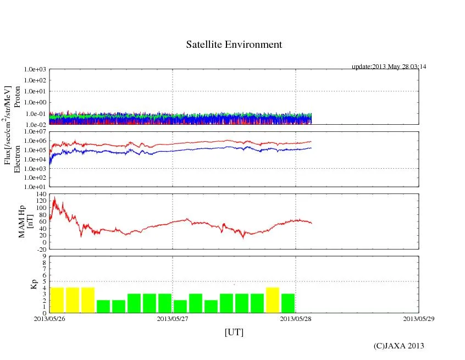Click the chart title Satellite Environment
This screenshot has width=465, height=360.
[234, 45]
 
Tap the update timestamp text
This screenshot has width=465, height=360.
[389, 67]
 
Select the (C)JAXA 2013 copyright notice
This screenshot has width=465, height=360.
[398, 345]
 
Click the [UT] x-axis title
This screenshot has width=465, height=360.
[234, 332]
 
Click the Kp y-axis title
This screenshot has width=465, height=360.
[34, 284]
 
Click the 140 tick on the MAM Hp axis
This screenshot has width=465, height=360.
[40, 195]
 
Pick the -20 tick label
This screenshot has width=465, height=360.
[40, 249]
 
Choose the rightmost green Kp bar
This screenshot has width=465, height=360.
[288, 303]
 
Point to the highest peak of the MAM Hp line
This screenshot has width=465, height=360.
[54, 197]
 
